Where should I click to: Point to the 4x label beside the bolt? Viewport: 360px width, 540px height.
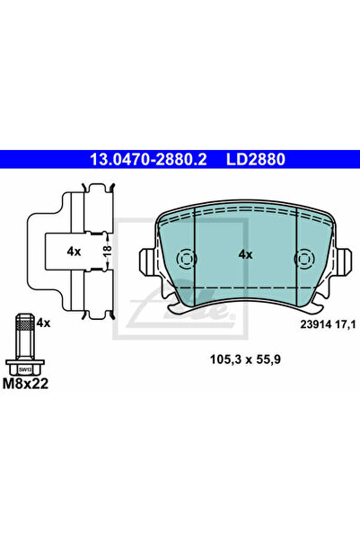(45, 321)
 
